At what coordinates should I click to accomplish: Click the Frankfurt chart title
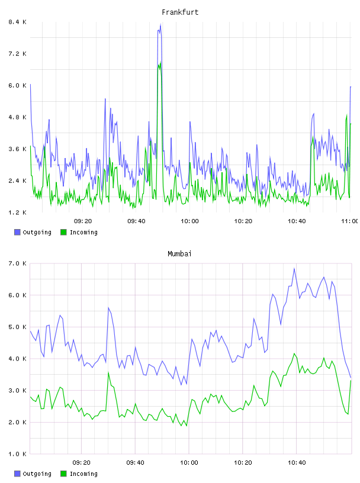[180, 12]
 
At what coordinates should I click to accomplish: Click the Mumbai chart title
[179, 254]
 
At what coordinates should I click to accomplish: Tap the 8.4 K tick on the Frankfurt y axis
[18, 22]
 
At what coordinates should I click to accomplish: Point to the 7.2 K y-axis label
[18, 54]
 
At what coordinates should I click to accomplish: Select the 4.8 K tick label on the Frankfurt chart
[18, 117]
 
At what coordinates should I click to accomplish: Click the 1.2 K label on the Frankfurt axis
[18, 212]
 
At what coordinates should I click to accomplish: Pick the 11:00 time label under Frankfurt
[350, 221]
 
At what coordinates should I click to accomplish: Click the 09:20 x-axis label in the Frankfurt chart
[83, 221]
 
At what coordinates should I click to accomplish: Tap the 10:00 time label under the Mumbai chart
[189, 462]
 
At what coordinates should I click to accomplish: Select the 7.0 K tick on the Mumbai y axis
[18, 263]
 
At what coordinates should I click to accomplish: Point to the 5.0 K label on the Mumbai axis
[18, 327]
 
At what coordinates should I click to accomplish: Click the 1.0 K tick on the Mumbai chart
[18, 454]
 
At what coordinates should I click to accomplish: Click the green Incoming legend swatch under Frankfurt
[63, 232]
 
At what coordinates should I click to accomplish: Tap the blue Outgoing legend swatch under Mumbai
[17, 474]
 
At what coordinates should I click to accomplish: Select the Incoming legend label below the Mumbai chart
[83, 474]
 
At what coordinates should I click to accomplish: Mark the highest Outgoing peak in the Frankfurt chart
[160, 25]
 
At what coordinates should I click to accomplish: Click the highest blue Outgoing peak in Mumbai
[294, 269]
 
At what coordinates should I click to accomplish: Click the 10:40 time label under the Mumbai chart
[297, 462]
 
